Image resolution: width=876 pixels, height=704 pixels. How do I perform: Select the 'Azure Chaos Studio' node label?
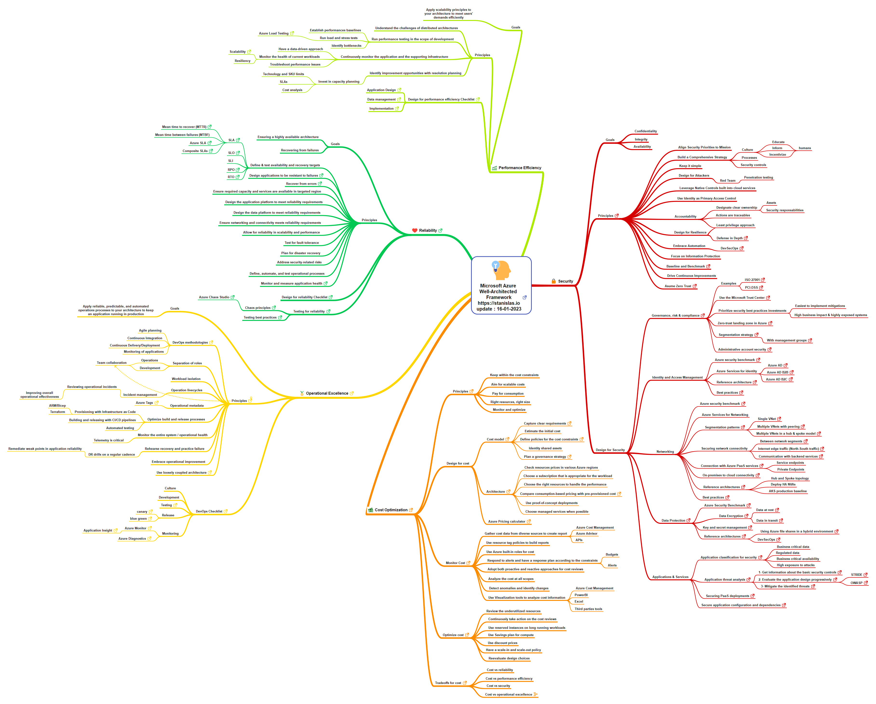(214, 297)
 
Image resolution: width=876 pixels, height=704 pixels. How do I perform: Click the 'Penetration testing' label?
(758, 177)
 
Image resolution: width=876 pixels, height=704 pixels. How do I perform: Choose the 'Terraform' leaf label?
(57, 412)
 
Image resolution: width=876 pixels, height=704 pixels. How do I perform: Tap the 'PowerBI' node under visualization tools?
(581, 595)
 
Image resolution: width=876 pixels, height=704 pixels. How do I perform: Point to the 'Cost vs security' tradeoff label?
(498, 686)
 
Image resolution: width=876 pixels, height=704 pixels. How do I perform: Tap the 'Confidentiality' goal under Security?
(645, 131)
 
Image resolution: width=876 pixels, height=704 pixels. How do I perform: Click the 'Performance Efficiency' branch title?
(520, 168)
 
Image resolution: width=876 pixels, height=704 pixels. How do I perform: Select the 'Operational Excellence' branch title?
(327, 393)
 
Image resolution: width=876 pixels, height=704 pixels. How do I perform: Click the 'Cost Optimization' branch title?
(391, 510)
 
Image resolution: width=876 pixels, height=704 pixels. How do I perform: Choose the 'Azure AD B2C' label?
(776, 379)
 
